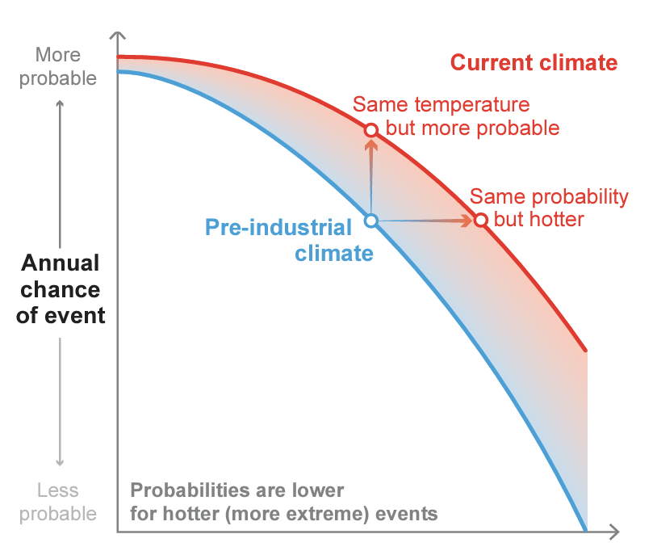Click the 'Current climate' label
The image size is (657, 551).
[x=534, y=63]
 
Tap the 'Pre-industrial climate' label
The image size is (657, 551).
[x=289, y=240]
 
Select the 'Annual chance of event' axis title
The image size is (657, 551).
[x=61, y=288]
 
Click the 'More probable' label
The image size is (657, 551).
[x=58, y=67]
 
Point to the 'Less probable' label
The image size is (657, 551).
[x=58, y=502]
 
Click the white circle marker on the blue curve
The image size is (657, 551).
[x=371, y=220]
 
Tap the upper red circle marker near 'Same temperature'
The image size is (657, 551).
[x=371, y=130]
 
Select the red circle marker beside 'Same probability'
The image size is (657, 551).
[x=480, y=220]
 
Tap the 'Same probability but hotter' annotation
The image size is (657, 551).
[x=549, y=208]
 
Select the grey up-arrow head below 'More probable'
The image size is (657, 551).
[x=60, y=103]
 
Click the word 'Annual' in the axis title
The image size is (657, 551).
[x=61, y=263]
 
